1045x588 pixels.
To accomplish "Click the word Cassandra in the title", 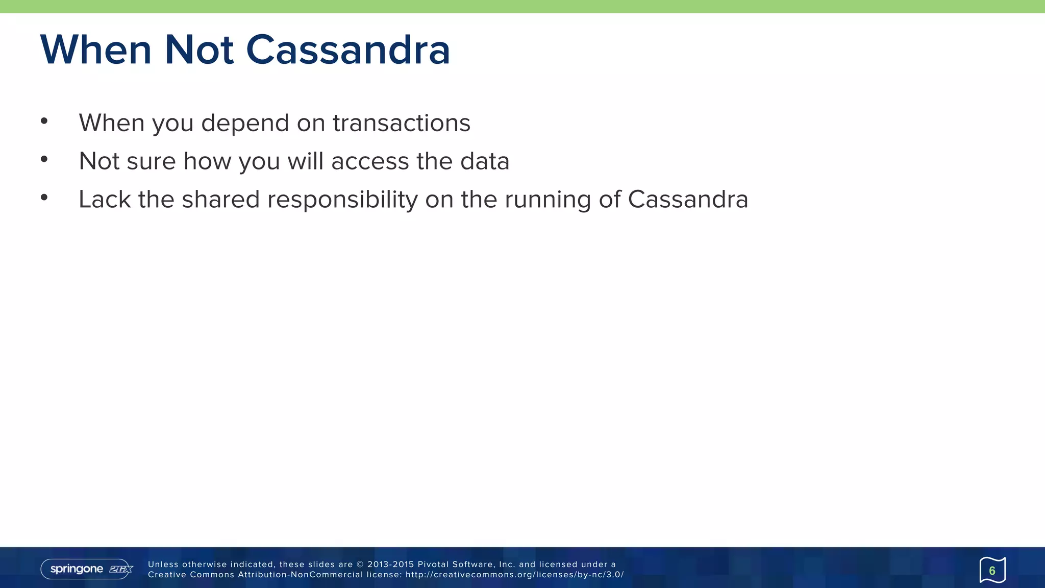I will point(348,50).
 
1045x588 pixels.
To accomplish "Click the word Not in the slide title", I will point(199,50).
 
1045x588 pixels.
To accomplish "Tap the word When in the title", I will point(96,50).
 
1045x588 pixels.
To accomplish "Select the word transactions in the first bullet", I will point(402,123).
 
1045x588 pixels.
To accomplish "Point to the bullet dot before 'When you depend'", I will point(44,121).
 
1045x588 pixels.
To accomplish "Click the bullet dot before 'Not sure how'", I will point(44,160).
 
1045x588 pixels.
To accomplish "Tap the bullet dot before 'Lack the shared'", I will point(44,198).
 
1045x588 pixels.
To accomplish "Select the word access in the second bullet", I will point(370,161).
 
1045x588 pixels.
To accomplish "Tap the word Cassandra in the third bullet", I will point(688,200).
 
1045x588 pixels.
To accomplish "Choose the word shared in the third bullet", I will point(221,200).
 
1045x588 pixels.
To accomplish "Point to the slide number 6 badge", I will point(992,570).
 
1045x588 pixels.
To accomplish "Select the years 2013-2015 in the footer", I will point(390,565).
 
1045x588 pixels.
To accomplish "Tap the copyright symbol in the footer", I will point(360,565).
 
